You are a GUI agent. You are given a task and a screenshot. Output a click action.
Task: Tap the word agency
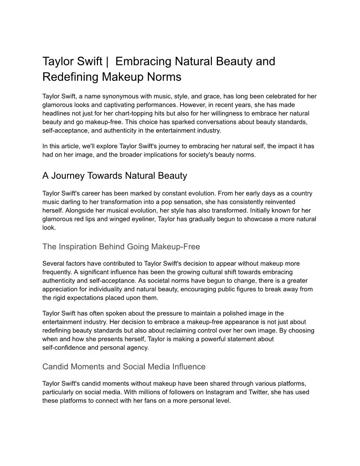[138, 347]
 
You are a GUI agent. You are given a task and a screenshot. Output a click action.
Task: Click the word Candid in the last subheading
[56, 367]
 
